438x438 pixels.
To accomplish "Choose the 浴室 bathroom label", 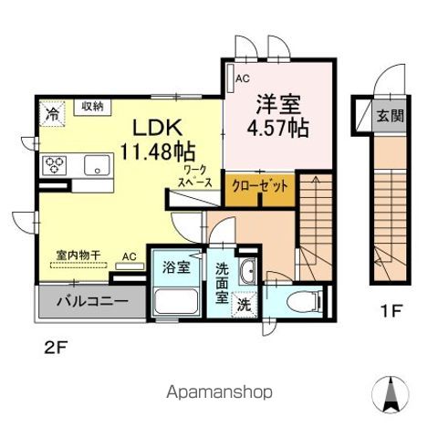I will pos(176,268).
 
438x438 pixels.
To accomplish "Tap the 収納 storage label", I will pos(91,106).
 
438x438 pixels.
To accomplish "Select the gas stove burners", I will pos(54,166).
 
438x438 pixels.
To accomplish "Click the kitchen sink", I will pos(95,165).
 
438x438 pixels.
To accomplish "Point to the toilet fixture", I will pos(297,300).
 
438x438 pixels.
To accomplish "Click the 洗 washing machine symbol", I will pos(245,303).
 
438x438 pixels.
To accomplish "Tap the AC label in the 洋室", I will pos(242,78).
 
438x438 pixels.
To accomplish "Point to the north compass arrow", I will pos(394,393).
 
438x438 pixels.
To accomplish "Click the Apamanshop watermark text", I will pos(219,392).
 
